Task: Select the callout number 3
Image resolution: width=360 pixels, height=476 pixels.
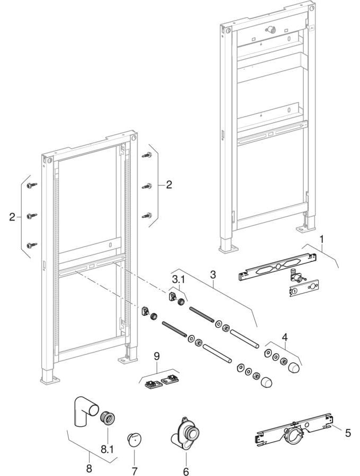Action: click(x=213, y=275)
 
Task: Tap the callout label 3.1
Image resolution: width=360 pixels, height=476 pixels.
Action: click(x=177, y=279)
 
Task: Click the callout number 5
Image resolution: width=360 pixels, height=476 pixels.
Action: click(x=347, y=433)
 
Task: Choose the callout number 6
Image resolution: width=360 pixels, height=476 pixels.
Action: click(x=186, y=470)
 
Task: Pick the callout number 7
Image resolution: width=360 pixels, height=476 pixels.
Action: click(x=134, y=470)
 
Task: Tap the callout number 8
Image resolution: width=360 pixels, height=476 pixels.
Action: click(x=89, y=469)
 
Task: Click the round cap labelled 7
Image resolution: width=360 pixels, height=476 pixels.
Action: click(x=134, y=440)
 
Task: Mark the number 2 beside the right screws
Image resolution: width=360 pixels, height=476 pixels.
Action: click(x=169, y=185)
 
